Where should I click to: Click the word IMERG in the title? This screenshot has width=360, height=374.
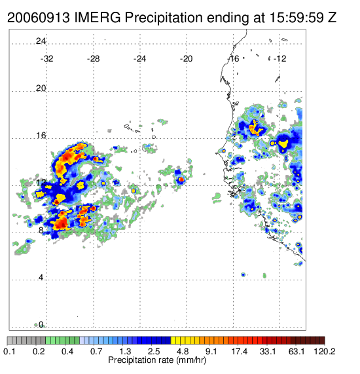98,18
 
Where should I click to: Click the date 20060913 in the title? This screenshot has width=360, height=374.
39,18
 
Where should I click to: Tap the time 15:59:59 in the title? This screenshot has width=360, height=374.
297,18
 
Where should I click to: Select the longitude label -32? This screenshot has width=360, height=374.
46,59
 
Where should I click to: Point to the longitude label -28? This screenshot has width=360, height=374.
93,59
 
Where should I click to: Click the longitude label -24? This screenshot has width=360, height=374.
139,59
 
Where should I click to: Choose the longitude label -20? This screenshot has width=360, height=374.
186,59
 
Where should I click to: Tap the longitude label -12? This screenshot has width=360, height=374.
279,59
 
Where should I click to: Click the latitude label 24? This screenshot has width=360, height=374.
41,41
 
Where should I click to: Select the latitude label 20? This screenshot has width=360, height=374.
41,88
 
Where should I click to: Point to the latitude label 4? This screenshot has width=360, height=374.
41,278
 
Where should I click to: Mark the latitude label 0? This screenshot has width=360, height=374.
41,325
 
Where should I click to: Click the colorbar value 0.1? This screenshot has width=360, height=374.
9,351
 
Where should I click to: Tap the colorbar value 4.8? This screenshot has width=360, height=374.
183,351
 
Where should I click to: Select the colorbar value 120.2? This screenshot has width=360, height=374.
325,351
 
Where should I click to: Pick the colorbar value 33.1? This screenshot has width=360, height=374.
268,351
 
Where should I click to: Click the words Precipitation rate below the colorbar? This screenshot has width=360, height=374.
141,360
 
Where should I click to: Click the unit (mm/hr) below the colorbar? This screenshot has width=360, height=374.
191,360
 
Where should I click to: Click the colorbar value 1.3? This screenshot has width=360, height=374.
125,351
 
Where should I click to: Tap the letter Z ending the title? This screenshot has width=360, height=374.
332,18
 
